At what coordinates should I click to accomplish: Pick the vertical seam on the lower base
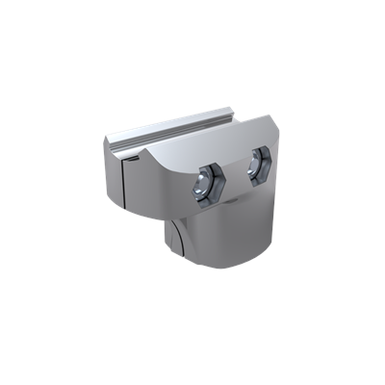point(178,245)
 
